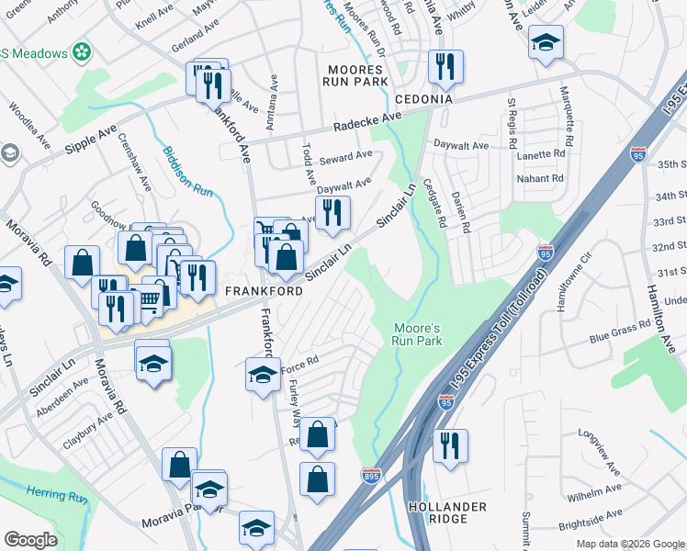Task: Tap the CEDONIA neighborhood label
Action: point(423,98)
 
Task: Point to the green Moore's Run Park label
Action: point(418,334)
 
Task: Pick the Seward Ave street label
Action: point(345,154)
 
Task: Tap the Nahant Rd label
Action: point(541,178)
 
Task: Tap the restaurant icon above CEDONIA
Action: point(445,65)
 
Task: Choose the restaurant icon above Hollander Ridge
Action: point(450,445)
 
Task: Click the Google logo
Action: point(30,540)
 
